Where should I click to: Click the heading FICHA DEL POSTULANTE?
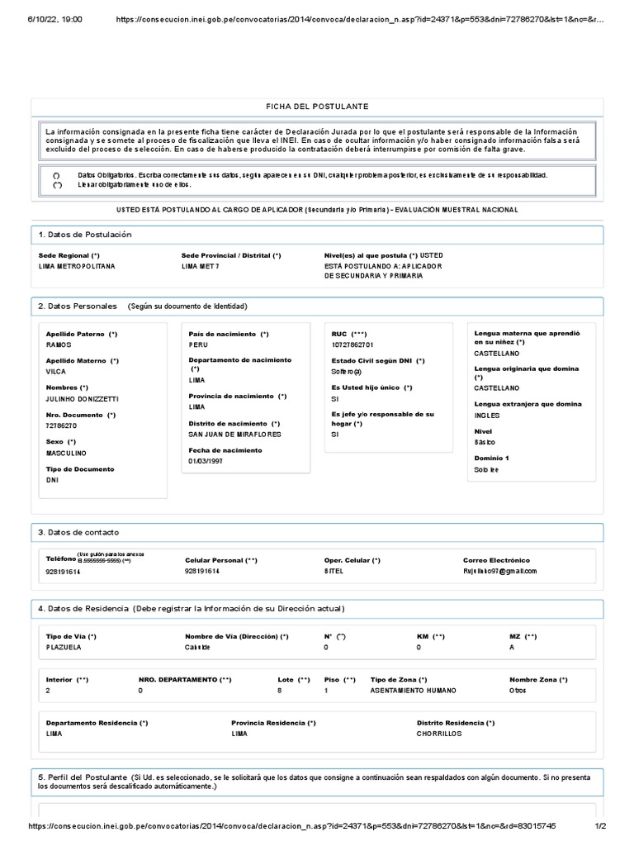[317, 107]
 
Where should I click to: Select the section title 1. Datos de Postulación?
[85, 235]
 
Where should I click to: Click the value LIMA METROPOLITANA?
[78, 267]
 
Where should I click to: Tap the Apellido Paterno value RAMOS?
[59, 345]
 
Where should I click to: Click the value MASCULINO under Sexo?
[66, 454]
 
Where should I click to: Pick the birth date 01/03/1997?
[206, 461]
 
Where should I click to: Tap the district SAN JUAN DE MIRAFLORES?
[234, 434]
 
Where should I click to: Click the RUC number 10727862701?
[352, 345]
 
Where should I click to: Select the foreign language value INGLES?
[487, 416]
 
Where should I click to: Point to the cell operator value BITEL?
[334, 571]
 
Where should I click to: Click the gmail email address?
[500, 571]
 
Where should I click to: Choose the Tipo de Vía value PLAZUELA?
[64, 648]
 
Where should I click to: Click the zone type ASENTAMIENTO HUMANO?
[413, 690]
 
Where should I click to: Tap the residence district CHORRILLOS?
[439, 734]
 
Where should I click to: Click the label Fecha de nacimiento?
[225, 450]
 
